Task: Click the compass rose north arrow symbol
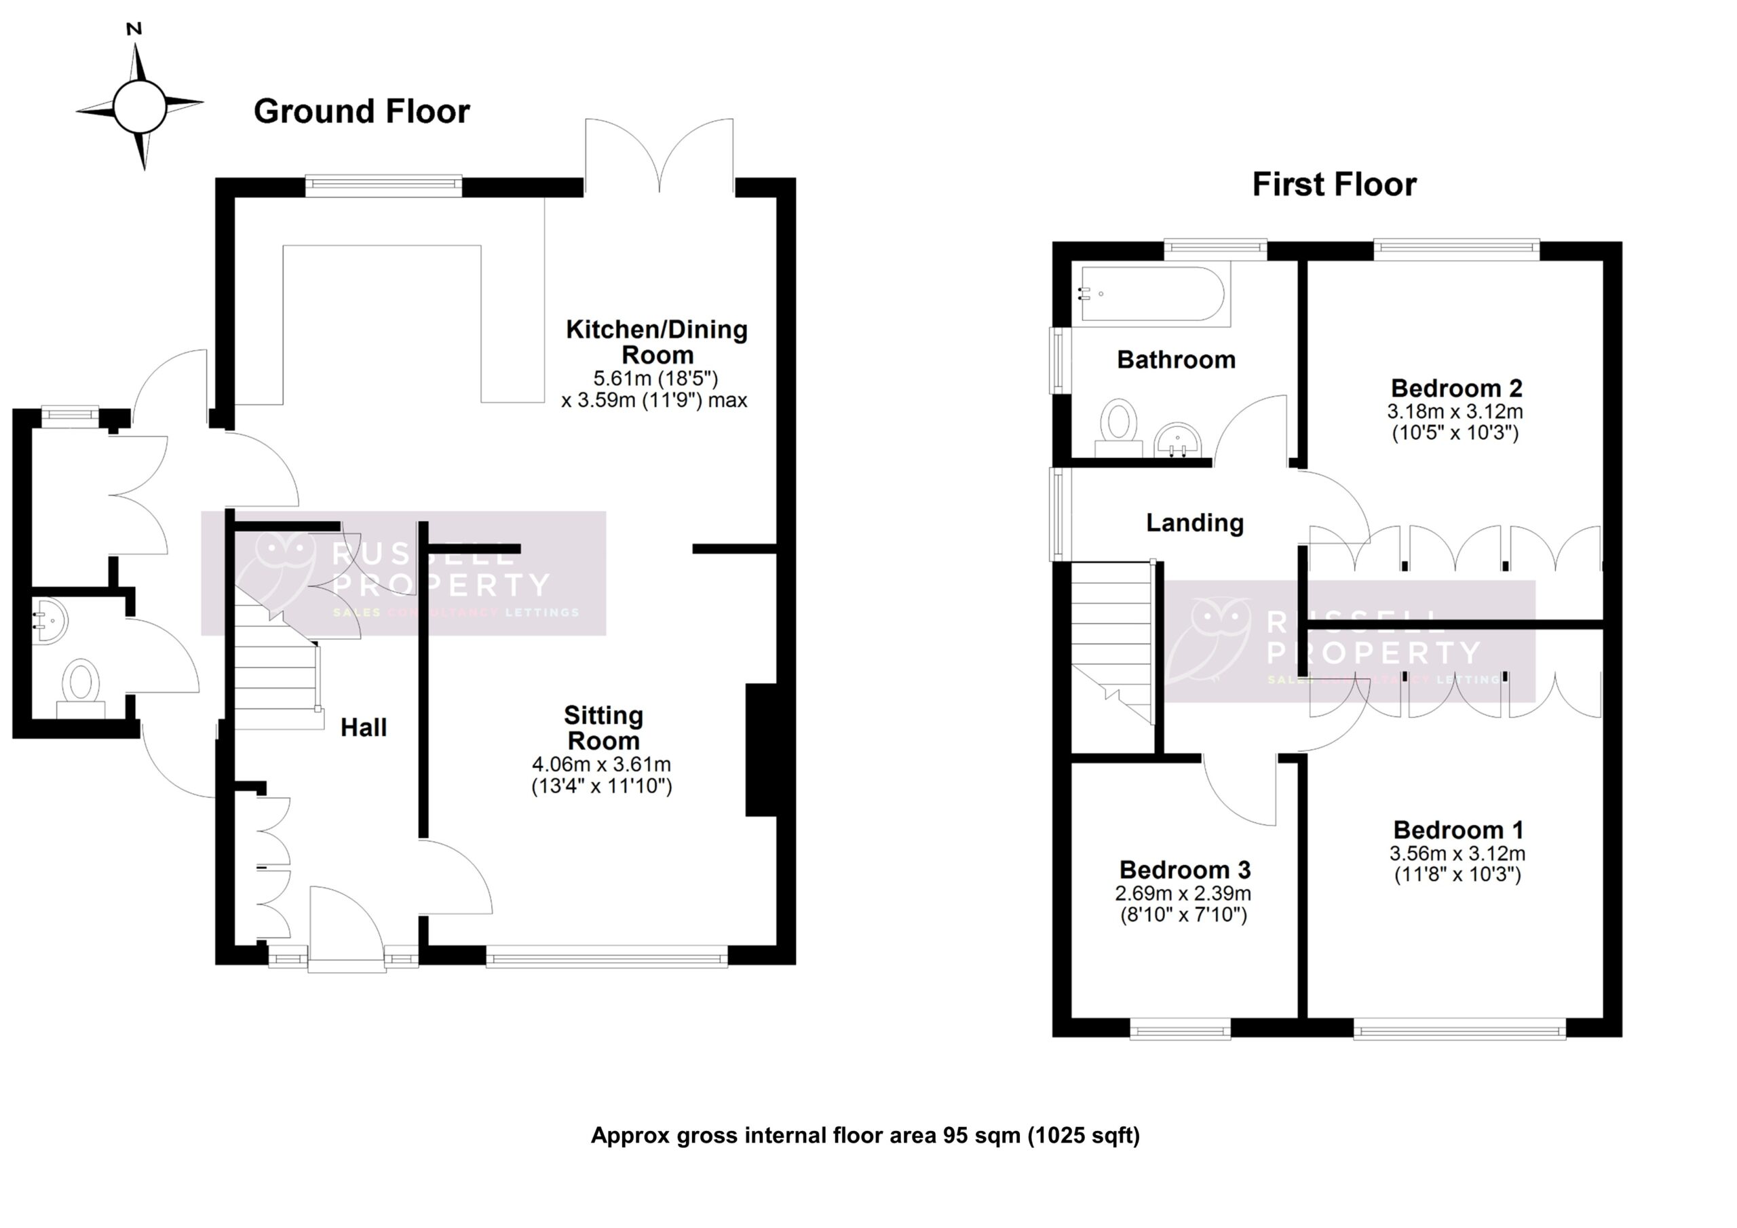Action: (139, 106)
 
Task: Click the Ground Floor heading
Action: (362, 111)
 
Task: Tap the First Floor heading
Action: (1334, 185)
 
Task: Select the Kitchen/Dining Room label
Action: (657, 341)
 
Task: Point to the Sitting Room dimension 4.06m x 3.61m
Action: (601, 764)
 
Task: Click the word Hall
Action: (363, 728)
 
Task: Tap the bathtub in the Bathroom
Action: (1152, 294)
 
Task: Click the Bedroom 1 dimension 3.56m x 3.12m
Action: (1457, 853)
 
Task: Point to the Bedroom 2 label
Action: (1456, 388)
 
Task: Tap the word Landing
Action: (1195, 523)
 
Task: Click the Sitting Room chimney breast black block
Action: (761, 750)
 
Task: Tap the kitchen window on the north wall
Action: (383, 185)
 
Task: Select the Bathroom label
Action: (1176, 360)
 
